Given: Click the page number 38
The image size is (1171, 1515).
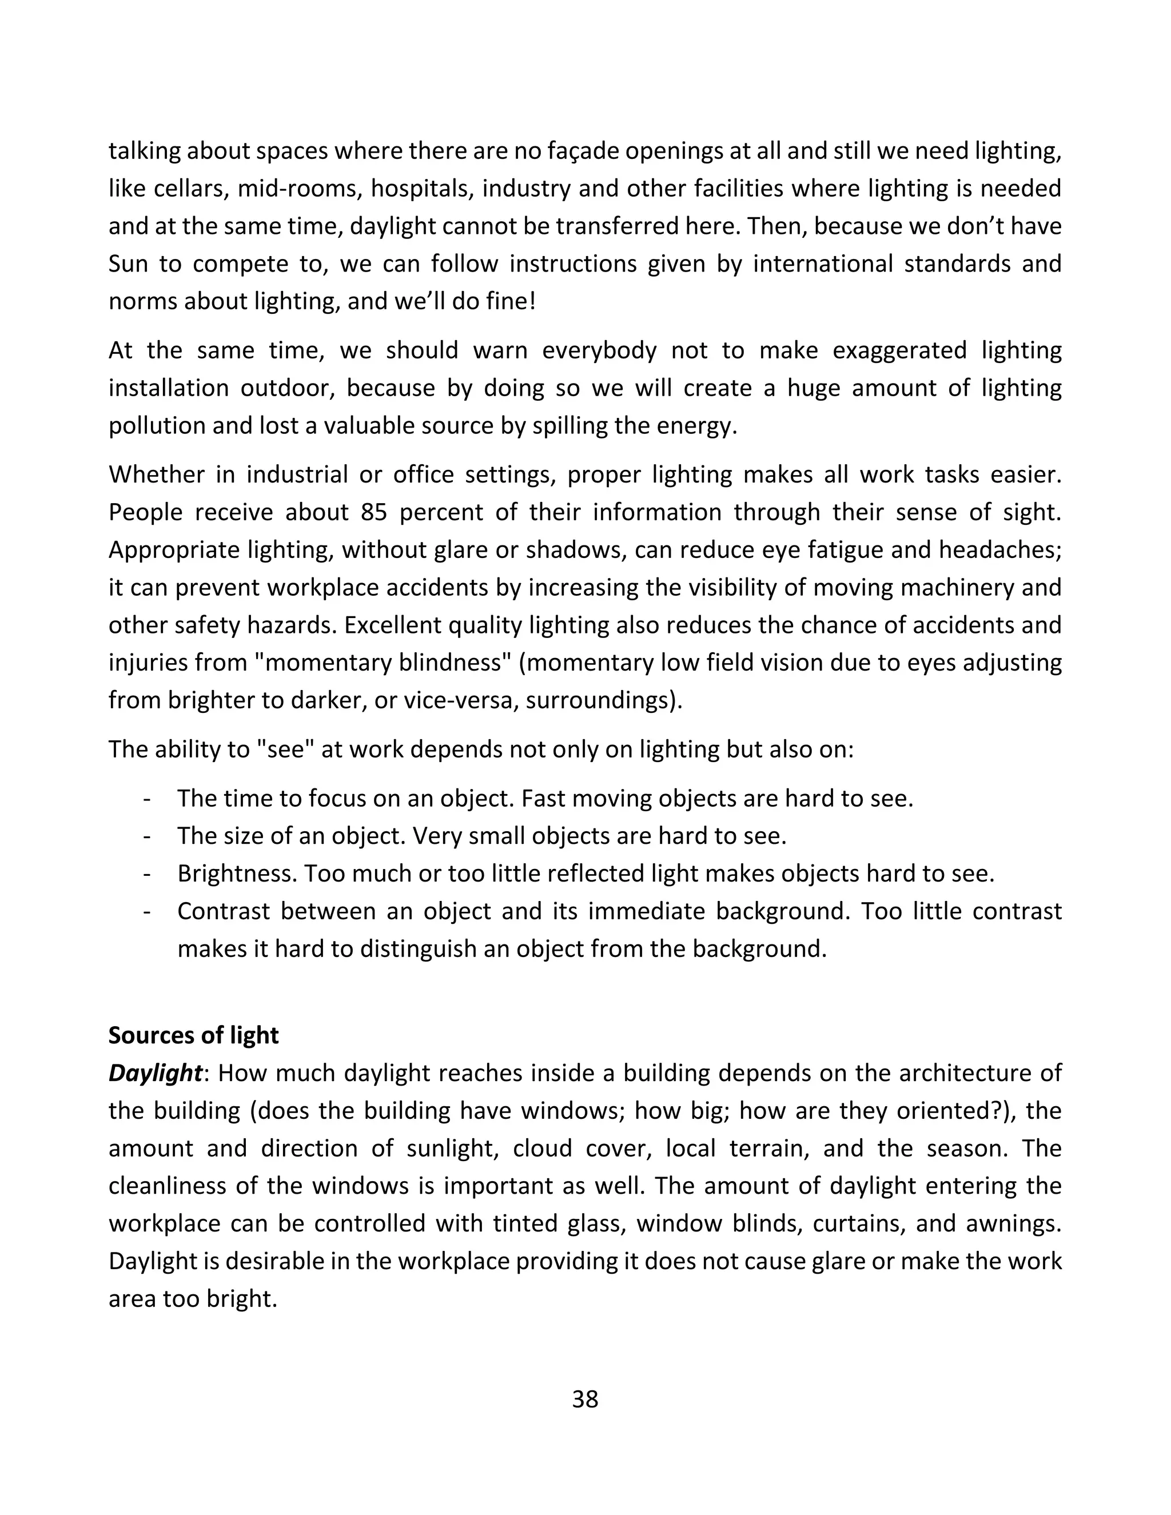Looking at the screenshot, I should tap(585, 1399).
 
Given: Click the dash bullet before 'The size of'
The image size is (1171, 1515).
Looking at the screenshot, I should tap(146, 836).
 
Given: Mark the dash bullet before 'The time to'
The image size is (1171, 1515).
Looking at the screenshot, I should tap(146, 799).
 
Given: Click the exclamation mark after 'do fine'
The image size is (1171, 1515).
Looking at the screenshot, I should tap(532, 301).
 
